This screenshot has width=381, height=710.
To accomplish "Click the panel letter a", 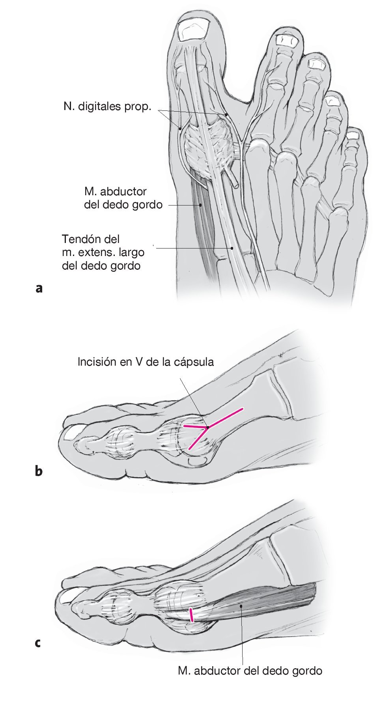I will [x=39, y=288].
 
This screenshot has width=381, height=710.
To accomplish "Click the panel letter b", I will [x=39, y=471].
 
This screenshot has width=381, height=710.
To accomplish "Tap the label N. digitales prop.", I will [x=107, y=106].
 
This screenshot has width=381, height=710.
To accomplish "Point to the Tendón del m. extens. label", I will [x=103, y=252].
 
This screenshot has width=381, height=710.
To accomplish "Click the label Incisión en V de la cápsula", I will [x=146, y=362].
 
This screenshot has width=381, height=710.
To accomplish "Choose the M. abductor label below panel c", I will [x=250, y=670].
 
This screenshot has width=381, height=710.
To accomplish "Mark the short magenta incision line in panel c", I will [x=191, y=615].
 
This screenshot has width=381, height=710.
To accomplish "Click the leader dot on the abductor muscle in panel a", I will [x=201, y=205].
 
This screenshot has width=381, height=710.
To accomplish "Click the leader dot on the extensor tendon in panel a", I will [x=232, y=248].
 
